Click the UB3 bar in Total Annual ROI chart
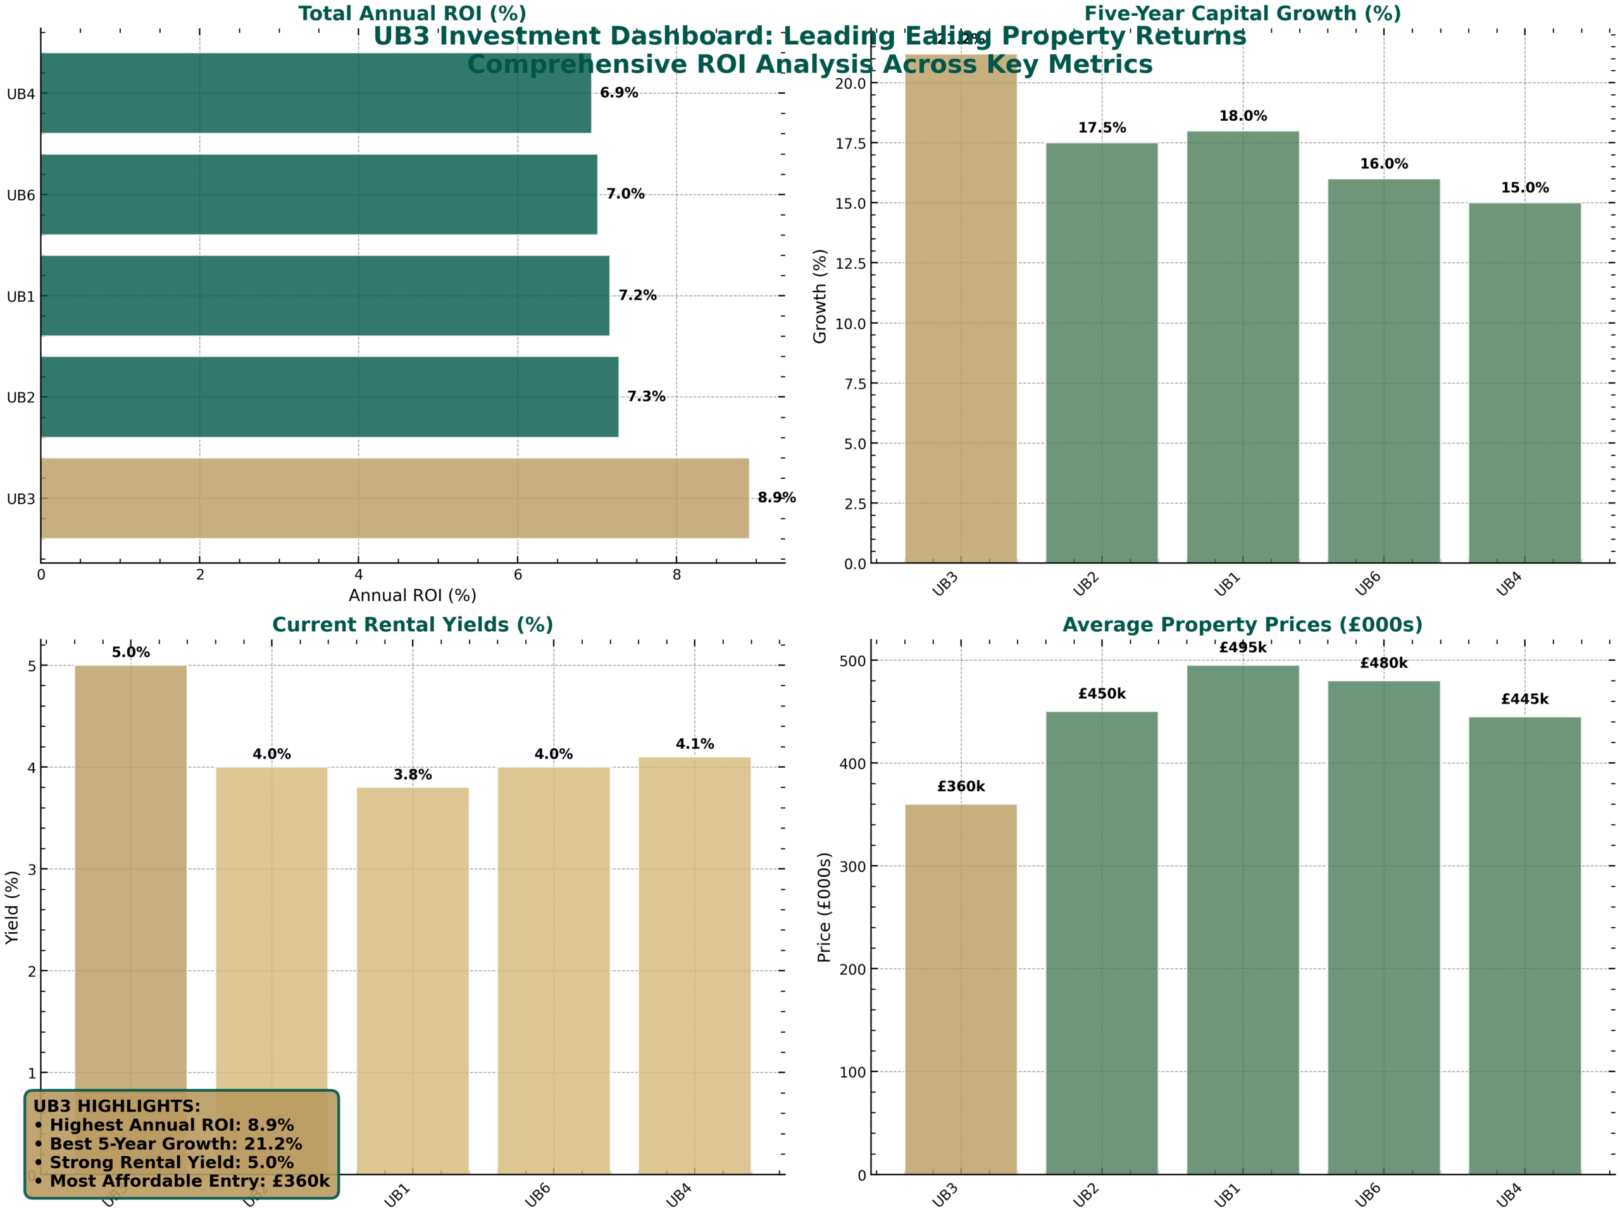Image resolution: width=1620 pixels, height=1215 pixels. [x=395, y=498]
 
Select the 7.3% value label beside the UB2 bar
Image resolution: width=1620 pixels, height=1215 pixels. [x=646, y=397]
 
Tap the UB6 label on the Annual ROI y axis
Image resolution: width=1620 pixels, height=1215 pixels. [x=20, y=195]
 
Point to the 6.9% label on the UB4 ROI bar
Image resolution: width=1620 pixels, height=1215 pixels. [x=619, y=93]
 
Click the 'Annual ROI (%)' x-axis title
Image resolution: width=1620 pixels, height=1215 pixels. [x=413, y=596]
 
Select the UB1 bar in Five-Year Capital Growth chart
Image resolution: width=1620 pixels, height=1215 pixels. [x=1242, y=347]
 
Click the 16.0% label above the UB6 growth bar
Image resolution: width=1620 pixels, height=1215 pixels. [x=1383, y=164]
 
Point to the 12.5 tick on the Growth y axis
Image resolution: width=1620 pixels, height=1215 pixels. [x=850, y=264]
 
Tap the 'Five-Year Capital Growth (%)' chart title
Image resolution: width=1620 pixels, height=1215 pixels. [x=1242, y=13]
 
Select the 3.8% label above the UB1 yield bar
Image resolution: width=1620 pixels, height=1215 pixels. [x=413, y=774]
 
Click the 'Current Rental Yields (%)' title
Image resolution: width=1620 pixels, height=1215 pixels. [x=413, y=624]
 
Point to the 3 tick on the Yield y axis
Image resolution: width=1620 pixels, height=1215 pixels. [x=32, y=870]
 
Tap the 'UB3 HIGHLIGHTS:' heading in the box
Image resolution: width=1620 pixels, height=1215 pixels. [x=116, y=1106]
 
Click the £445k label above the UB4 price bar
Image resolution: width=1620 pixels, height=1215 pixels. [x=1525, y=699]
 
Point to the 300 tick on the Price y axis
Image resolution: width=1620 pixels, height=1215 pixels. [x=853, y=866]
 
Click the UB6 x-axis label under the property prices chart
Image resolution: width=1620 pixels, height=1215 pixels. [x=1368, y=1195]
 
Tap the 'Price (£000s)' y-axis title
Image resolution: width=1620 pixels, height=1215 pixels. [x=824, y=908]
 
